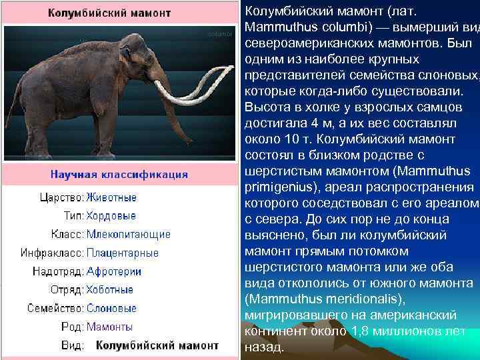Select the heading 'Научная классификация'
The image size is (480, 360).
119,175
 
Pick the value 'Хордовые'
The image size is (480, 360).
111,216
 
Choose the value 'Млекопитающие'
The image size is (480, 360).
129,234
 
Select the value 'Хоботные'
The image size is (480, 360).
110,290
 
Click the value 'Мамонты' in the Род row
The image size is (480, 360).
110,327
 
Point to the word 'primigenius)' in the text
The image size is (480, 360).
279,187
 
